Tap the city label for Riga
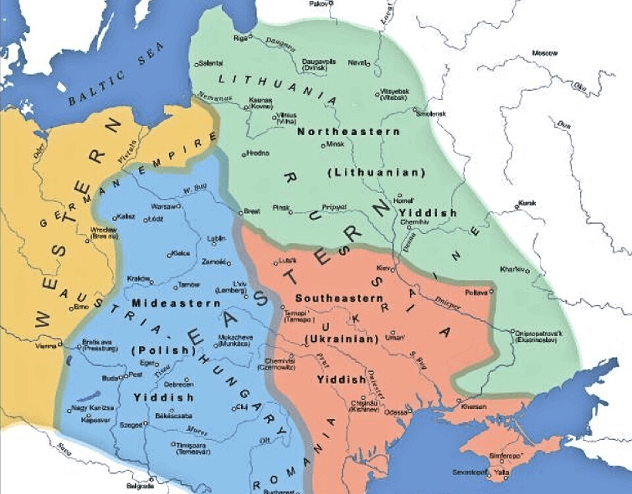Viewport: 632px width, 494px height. (239, 38)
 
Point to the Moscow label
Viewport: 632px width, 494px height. (544, 53)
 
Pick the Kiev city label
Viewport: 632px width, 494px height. (382, 268)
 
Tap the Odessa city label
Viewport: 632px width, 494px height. (396, 412)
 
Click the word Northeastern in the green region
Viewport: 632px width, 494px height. (348, 131)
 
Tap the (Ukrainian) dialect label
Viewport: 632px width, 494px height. (342, 339)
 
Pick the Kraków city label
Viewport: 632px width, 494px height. (138, 279)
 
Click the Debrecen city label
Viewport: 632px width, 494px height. (178, 383)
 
